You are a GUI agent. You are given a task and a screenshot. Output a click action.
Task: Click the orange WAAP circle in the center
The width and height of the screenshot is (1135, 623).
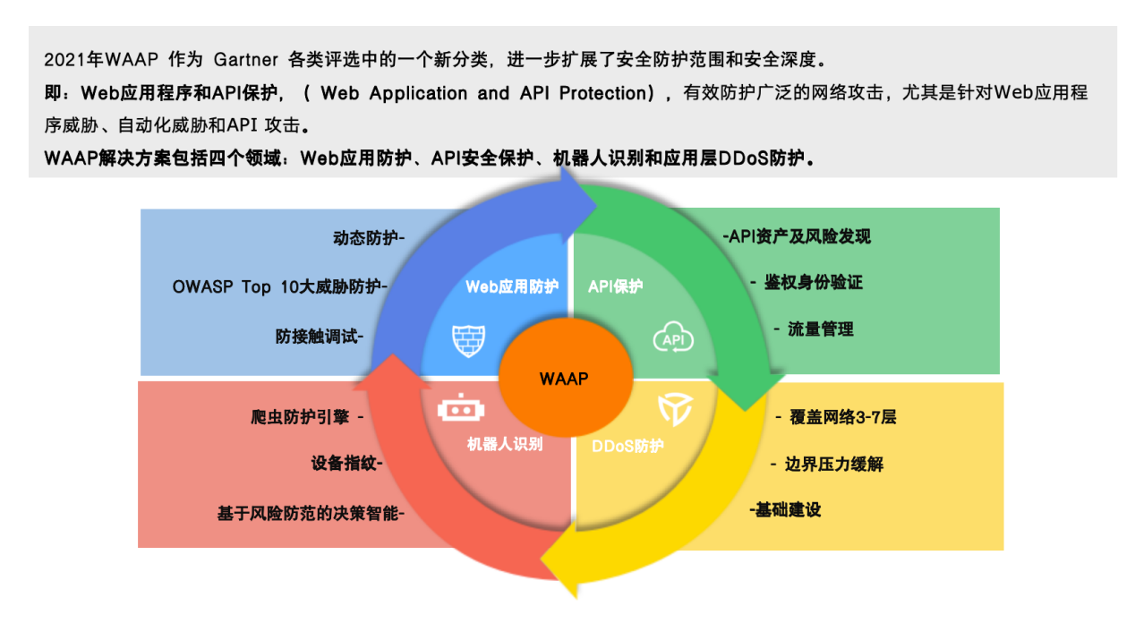pyautogui.click(x=566, y=378)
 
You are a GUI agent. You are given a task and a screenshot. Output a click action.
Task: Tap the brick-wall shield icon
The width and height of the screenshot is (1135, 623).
pyautogui.click(x=469, y=341)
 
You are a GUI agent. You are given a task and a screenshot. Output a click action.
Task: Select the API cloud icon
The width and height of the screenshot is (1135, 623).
pyautogui.click(x=673, y=337)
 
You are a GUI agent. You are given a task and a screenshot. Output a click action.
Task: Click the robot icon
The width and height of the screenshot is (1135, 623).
pyautogui.click(x=461, y=408)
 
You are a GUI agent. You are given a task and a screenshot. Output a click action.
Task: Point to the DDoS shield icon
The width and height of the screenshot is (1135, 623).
pyautogui.click(x=675, y=409)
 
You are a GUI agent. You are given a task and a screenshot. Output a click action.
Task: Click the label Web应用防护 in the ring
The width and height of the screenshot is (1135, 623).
pyautogui.click(x=512, y=286)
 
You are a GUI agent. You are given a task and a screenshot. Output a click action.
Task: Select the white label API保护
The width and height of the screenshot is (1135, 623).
pyautogui.click(x=615, y=286)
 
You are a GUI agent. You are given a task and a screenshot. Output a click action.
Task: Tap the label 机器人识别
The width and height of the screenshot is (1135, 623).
pyautogui.click(x=505, y=444)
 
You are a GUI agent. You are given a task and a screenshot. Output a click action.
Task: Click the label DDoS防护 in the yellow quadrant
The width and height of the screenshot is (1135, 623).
pyautogui.click(x=627, y=446)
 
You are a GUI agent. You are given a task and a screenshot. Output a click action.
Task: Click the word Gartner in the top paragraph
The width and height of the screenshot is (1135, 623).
pyautogui.click(x=246, y=60)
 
